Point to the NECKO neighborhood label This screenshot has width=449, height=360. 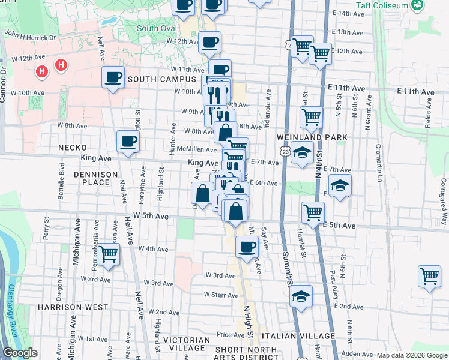(x=73, y=147)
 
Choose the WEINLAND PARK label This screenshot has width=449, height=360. (x=312, y=137)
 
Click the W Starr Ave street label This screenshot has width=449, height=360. (x=222, y=295)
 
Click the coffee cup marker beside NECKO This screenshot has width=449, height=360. (x=128, y=142)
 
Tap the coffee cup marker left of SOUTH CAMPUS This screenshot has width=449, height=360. (x=113, y=77)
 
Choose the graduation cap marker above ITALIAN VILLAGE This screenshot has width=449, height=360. (x=300, y=296)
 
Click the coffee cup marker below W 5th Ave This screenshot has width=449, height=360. (x=246, y=246)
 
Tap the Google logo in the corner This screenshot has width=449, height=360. (x=20, y=353)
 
